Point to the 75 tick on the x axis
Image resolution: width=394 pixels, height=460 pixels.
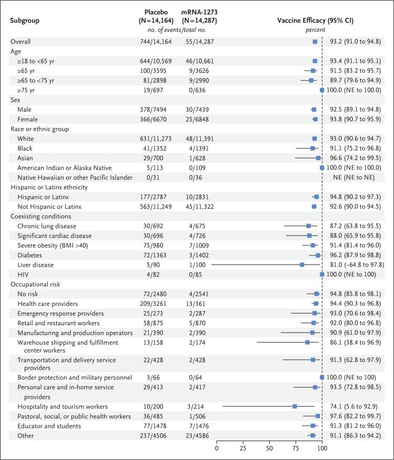click(295, 449)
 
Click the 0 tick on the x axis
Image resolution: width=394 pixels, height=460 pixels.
click(217, 449)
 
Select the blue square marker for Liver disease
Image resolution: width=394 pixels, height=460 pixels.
click(302, 265)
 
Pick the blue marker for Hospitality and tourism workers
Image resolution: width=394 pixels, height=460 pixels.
click(295, 406)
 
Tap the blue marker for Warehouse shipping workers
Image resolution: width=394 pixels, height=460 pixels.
click(307, 342)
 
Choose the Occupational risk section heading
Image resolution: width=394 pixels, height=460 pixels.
click(35, 284)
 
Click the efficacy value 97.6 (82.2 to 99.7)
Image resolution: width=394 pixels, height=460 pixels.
click(357, 416)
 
